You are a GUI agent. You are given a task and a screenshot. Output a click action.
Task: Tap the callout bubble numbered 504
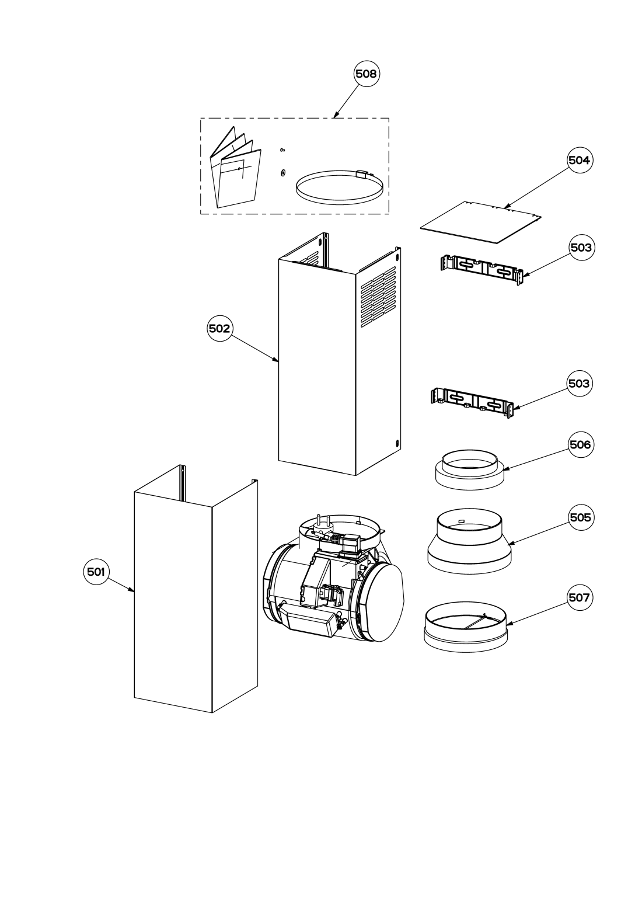(x=579, y=160)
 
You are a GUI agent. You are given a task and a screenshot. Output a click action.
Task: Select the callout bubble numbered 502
(x=219, y=328)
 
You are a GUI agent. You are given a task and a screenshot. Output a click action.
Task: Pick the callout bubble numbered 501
(x=96, y=572)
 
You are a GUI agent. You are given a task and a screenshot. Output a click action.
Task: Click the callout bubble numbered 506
(x=580, y=445)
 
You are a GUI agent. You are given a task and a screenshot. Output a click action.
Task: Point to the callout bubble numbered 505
(x=581, y=517)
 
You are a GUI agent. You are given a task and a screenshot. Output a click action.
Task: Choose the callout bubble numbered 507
(x=579, y=597)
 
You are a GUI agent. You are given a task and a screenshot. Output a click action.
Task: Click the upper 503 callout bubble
(x=581, y=247)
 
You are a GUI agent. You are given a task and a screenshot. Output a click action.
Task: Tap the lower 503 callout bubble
(x=579, y=383)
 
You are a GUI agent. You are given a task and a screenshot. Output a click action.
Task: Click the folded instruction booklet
(x=235, y=171)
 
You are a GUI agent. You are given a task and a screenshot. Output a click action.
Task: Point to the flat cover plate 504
(x=481, y=222)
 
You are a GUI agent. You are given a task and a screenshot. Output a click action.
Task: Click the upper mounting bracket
(x=482, y=270)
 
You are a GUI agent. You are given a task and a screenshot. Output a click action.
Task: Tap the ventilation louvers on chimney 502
(x=378, y=297)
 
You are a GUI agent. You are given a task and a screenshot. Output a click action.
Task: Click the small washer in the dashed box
(x=282, y=173)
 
